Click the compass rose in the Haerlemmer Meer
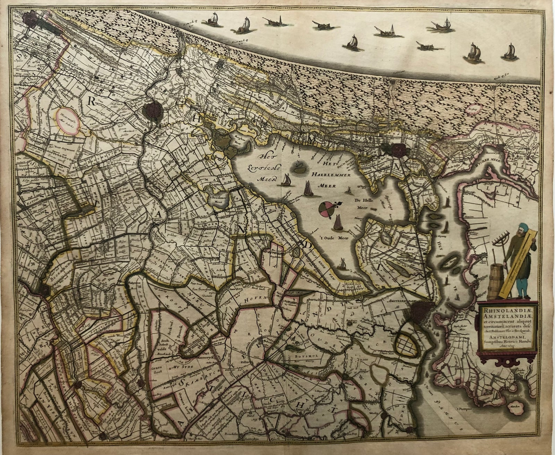(325, 209)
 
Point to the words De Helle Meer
(362, 204)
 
